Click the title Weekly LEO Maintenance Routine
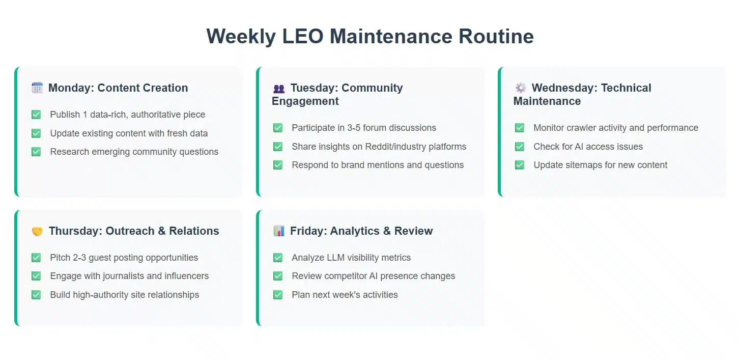coord(370,37)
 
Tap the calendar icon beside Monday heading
coord(37,88)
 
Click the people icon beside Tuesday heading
coord(279,89)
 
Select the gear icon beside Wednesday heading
coord(521,88)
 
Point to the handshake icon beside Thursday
coord(37,232)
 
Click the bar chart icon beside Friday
coord(279,231)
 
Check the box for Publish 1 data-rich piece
coord(36,115)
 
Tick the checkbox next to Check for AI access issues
coord(520,147)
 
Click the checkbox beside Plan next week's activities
coord(278,295)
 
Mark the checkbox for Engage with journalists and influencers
coord(36,276)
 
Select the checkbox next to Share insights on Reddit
coord(278,147)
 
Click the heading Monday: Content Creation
coord(118,88)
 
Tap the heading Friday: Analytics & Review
coord(361,231)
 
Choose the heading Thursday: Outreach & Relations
coord(134,231)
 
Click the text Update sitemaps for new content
coord(600,165)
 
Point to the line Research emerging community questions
coord(134,152)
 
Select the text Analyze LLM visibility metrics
coord(351,258)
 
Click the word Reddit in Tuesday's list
coord(382,147)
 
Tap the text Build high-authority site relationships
coord(124,295)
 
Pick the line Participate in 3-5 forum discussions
coord(364,128)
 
